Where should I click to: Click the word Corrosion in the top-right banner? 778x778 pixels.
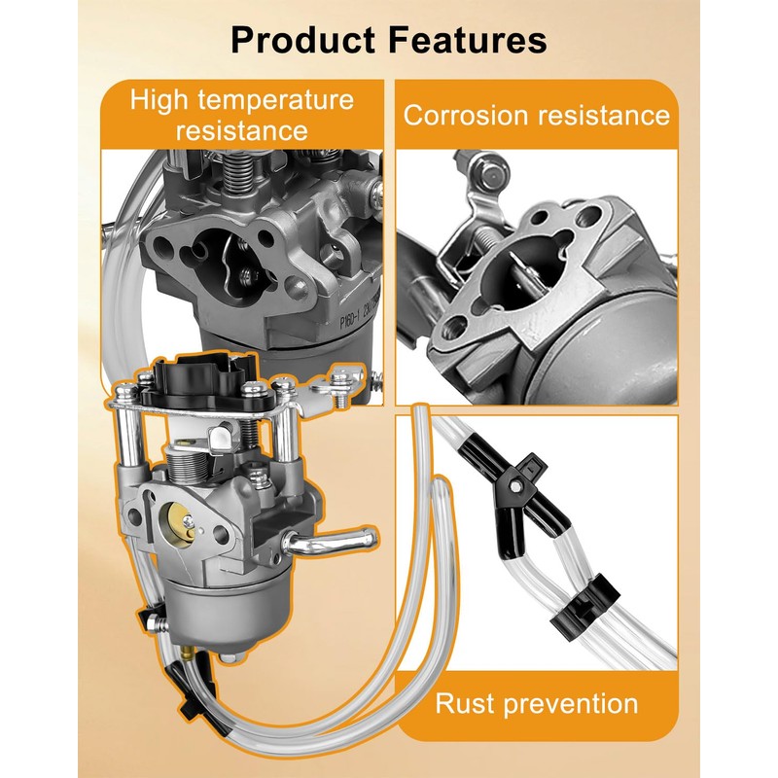(464, 116)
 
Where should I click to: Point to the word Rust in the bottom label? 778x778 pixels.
(473, 703)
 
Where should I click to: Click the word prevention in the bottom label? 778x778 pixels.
(578, 703)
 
